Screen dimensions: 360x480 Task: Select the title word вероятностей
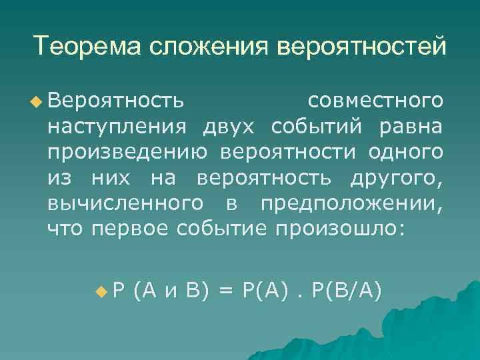tap(360, 47)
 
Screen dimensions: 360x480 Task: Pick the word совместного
tap(376, 101)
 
